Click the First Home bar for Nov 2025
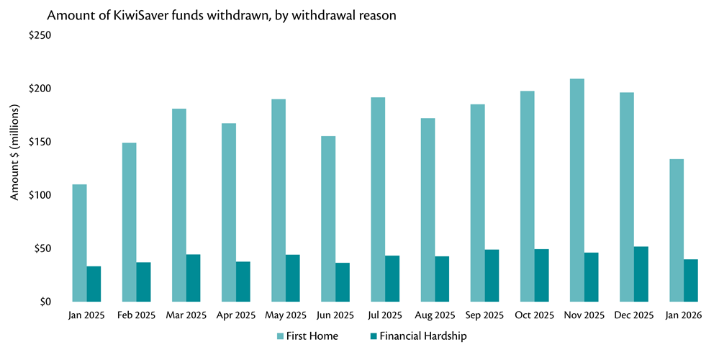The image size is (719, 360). point(576,190)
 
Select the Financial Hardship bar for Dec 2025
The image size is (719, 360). point(641,274)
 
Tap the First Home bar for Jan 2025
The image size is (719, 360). point(79,243)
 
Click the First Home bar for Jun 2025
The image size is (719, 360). point(328,219)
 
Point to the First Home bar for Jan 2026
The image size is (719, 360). point(676,230)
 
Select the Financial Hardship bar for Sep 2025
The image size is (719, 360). point(492,276)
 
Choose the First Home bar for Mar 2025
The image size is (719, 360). point(179,205)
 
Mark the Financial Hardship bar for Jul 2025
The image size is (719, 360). point(392,279)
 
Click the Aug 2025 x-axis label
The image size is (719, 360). point(434,315)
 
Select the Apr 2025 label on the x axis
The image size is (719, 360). point(235,315)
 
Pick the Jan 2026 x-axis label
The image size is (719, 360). point(682,315)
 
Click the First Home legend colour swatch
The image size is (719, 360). point(281,336)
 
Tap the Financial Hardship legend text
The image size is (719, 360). point(422,336)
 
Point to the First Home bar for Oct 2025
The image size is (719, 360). point(527,197)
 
